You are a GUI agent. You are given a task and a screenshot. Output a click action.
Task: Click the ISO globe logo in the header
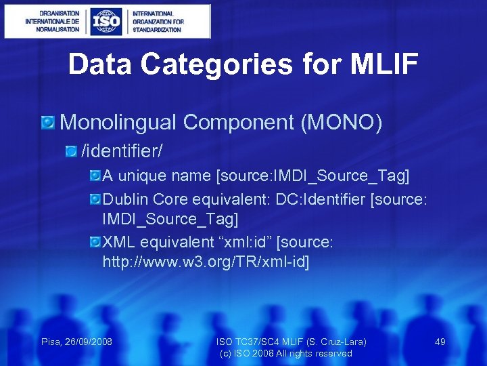pos(107,21)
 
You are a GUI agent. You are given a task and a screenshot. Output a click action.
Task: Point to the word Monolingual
pos(118,122)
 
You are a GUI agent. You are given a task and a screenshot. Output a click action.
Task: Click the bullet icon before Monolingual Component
pos(47,123)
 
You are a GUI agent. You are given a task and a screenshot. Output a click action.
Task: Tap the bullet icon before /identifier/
pos(71,149)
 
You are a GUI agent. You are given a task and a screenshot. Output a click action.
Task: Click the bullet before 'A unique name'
pos(95,176)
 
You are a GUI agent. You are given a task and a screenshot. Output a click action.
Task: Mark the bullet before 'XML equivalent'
pos(95,242)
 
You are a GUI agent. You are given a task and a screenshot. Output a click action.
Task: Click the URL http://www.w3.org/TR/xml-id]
pos(206,262)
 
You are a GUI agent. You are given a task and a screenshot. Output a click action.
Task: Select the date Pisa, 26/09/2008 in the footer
pos(76,342)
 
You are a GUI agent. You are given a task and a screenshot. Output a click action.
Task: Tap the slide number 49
pos(440,342)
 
